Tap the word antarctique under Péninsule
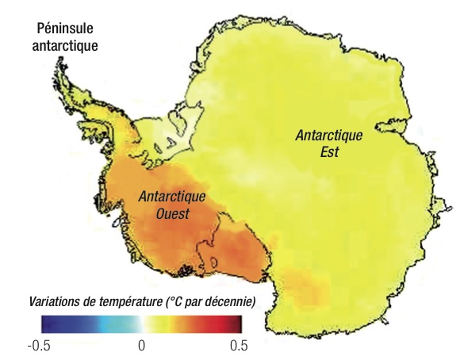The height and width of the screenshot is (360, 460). pos(64,44)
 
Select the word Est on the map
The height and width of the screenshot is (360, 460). pos(328,151)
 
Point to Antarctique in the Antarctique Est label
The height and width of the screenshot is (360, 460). pos(328,136)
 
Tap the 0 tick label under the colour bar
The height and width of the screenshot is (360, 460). pos(141,345)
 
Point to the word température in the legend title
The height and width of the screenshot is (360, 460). pos(129,302)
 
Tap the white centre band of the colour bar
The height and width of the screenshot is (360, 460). pos(141,324)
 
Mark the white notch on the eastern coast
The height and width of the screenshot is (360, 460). pos(393,126)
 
